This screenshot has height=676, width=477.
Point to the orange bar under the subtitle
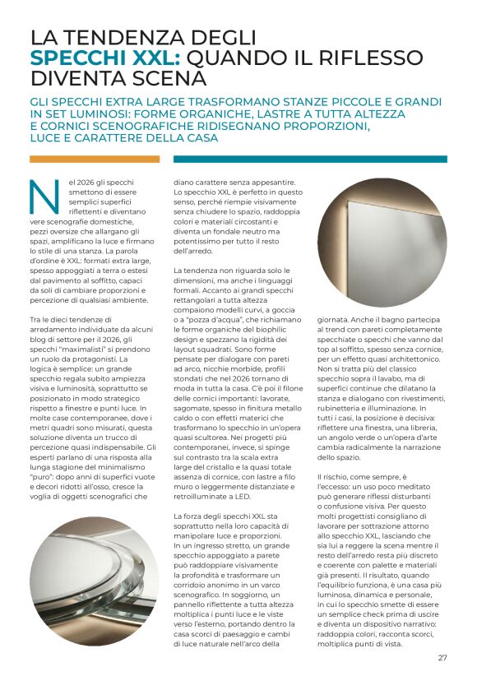[x=95, y=160]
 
